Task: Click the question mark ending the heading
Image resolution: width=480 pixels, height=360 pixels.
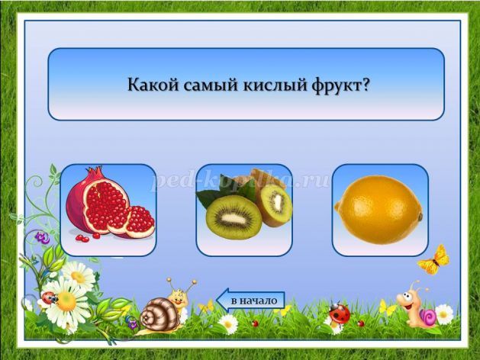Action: (x=364, y=84)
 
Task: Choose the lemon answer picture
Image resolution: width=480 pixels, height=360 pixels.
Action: (x=379, y=210)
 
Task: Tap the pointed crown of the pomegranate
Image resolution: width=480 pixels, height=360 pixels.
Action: (x=94, y=172)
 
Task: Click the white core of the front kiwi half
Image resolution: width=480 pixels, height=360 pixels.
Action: (x=234, y=218)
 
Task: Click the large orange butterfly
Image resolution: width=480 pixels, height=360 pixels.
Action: (x=434, y=260)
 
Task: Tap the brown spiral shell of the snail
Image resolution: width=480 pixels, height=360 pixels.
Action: (x=159, y=315)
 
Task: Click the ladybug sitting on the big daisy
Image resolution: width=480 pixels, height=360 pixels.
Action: (x=50, y=297)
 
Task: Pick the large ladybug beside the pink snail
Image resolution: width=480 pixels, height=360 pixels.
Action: (x=340, y=313)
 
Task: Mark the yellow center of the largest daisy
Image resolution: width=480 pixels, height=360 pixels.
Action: (x=66, y=301)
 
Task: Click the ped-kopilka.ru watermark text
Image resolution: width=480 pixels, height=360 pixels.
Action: (x=241, y=181)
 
